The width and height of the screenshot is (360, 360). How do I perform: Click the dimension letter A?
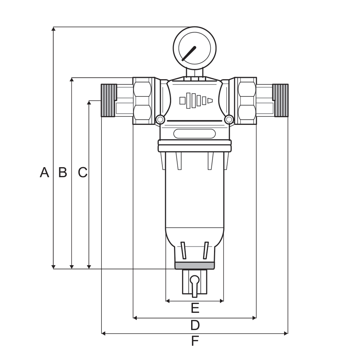44,172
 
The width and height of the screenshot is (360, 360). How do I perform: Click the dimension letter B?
62,172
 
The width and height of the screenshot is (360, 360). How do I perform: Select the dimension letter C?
82,172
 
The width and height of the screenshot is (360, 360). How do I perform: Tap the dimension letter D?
195,324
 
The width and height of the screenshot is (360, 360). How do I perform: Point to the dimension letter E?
195,308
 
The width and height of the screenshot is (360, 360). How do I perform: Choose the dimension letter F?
195,341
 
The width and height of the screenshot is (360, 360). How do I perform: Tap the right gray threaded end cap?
281,100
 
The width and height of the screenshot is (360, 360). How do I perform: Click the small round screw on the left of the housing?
160,119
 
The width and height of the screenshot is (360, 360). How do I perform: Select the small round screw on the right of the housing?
229,119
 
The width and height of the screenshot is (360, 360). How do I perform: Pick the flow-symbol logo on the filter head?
196,100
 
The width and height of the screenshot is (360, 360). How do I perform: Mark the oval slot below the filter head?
194,134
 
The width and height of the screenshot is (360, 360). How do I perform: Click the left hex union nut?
143,101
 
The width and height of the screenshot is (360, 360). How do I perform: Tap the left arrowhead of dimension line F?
103,333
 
